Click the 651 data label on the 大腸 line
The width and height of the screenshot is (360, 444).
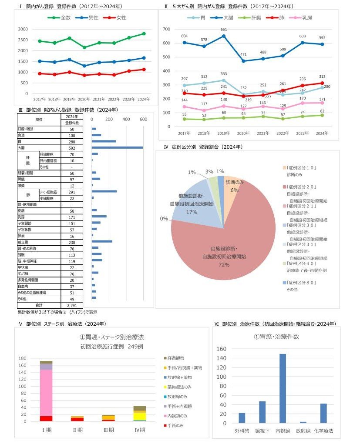point(223,30)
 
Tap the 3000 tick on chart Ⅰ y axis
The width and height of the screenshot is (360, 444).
point(23,29)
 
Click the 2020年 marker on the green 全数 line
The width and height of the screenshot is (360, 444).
point(84,47)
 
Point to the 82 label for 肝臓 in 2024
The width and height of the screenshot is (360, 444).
point(322,111)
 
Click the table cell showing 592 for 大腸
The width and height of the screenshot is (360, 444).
point(71,147)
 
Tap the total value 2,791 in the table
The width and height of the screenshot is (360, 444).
point(71,305)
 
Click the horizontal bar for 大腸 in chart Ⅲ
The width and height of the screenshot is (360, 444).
point(117,148)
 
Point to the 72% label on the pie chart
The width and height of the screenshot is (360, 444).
point(224,264)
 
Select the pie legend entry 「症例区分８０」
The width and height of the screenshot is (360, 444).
point(299,283)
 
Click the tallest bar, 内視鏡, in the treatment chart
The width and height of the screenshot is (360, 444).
point(283,388)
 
